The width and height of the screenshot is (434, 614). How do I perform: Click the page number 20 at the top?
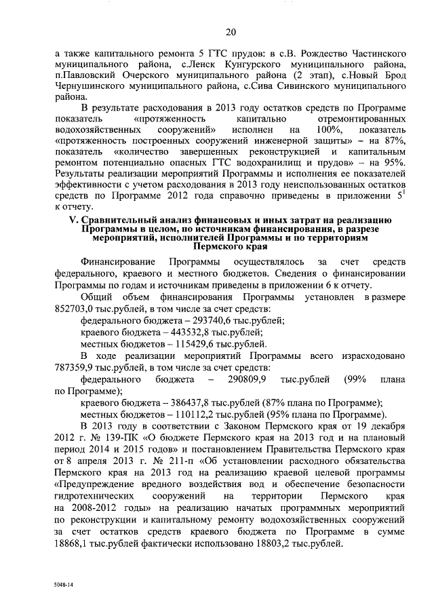[x=231, y=31]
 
